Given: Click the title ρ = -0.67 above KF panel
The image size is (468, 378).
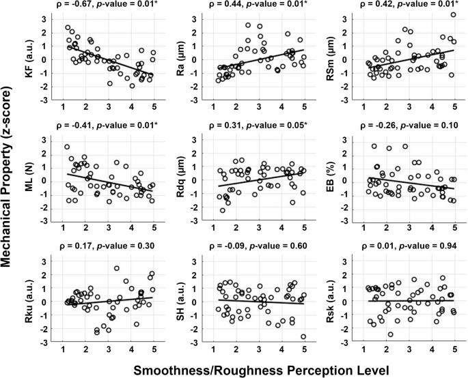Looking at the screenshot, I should tap(81, 7).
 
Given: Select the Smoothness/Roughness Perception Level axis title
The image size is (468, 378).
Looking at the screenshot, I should tap(261, 368).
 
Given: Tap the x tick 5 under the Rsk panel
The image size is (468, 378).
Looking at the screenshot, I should tap(454, 349).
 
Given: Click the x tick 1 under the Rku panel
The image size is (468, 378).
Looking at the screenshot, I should tap(63, 349).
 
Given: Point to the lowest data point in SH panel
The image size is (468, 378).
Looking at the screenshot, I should tap(303, 336).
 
